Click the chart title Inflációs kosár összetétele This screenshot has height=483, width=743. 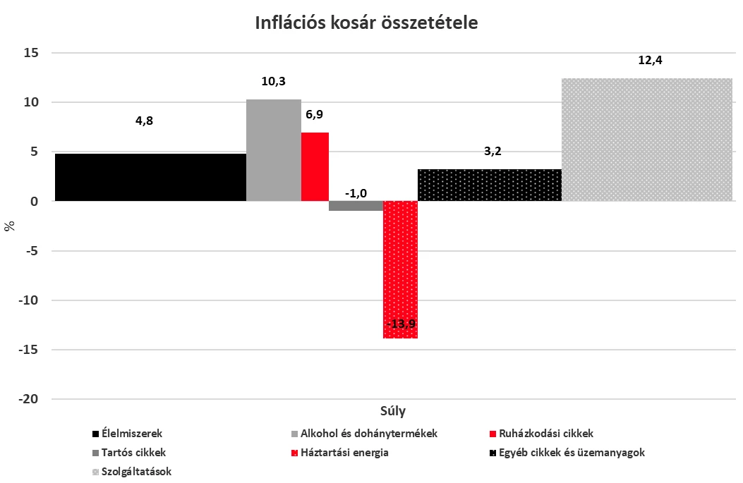pos(366,23)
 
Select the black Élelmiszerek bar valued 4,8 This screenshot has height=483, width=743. pos(150,177)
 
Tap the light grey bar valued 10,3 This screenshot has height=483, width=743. pos(274,150)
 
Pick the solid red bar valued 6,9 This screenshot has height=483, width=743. pos(315,166)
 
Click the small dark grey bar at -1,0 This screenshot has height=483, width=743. pos(356,206)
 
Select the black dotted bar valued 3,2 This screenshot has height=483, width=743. pos(489,185)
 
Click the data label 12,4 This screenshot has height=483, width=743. pos(650,61)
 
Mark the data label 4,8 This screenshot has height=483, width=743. pos(144,121)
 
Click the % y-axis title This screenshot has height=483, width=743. pos(10,226)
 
